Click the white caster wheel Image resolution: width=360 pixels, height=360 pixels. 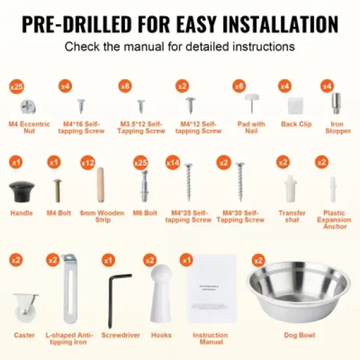pos(24,306)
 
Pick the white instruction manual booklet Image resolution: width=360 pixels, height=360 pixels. pos(210,290)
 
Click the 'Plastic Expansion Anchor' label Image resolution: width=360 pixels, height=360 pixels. pos(334,220)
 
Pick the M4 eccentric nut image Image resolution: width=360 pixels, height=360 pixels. pos(28,106)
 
